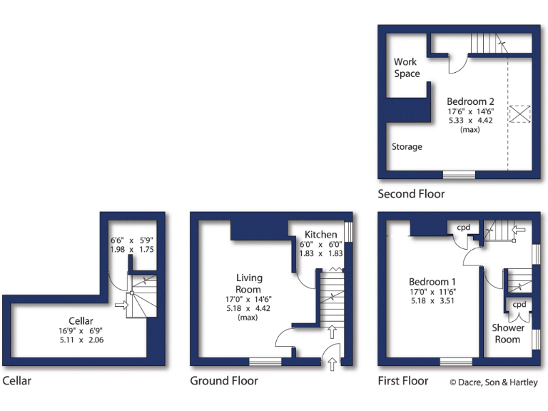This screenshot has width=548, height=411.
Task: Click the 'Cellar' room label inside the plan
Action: point(81,321)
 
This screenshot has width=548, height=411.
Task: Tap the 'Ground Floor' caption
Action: point(224,381)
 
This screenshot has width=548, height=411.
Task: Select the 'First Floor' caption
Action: point(403,381)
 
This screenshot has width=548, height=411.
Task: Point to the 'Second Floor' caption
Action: point(411,194)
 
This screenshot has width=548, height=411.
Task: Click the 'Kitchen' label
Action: point(320,235)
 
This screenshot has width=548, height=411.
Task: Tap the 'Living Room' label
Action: point(249,283)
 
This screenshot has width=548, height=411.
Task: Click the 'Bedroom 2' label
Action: point(470,102)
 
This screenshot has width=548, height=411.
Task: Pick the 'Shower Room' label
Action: point(507,333)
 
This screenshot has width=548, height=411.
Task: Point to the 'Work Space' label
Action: point(407,68)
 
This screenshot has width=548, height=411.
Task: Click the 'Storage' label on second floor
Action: point(407,147)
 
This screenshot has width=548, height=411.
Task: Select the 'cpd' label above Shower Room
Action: point(519,304)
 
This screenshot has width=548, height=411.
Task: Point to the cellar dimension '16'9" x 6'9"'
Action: point(81,331)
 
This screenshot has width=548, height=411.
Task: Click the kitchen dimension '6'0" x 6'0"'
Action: point(320,245)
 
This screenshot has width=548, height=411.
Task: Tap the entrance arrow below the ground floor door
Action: point(333,364)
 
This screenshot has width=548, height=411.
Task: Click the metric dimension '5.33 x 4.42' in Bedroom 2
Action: point(470,121)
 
